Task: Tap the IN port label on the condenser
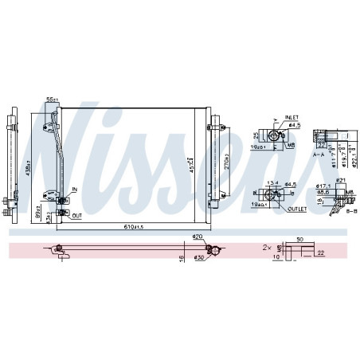pyautogui.click(x=74, y=190)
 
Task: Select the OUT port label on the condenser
pyautogui.click(x=76, y=215)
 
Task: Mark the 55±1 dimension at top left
pyautogui.click(x=53, y=100)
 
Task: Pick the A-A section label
pyautogui.click(x=319, y=157)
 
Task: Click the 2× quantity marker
pyautogui.click(x=267, y=248)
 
